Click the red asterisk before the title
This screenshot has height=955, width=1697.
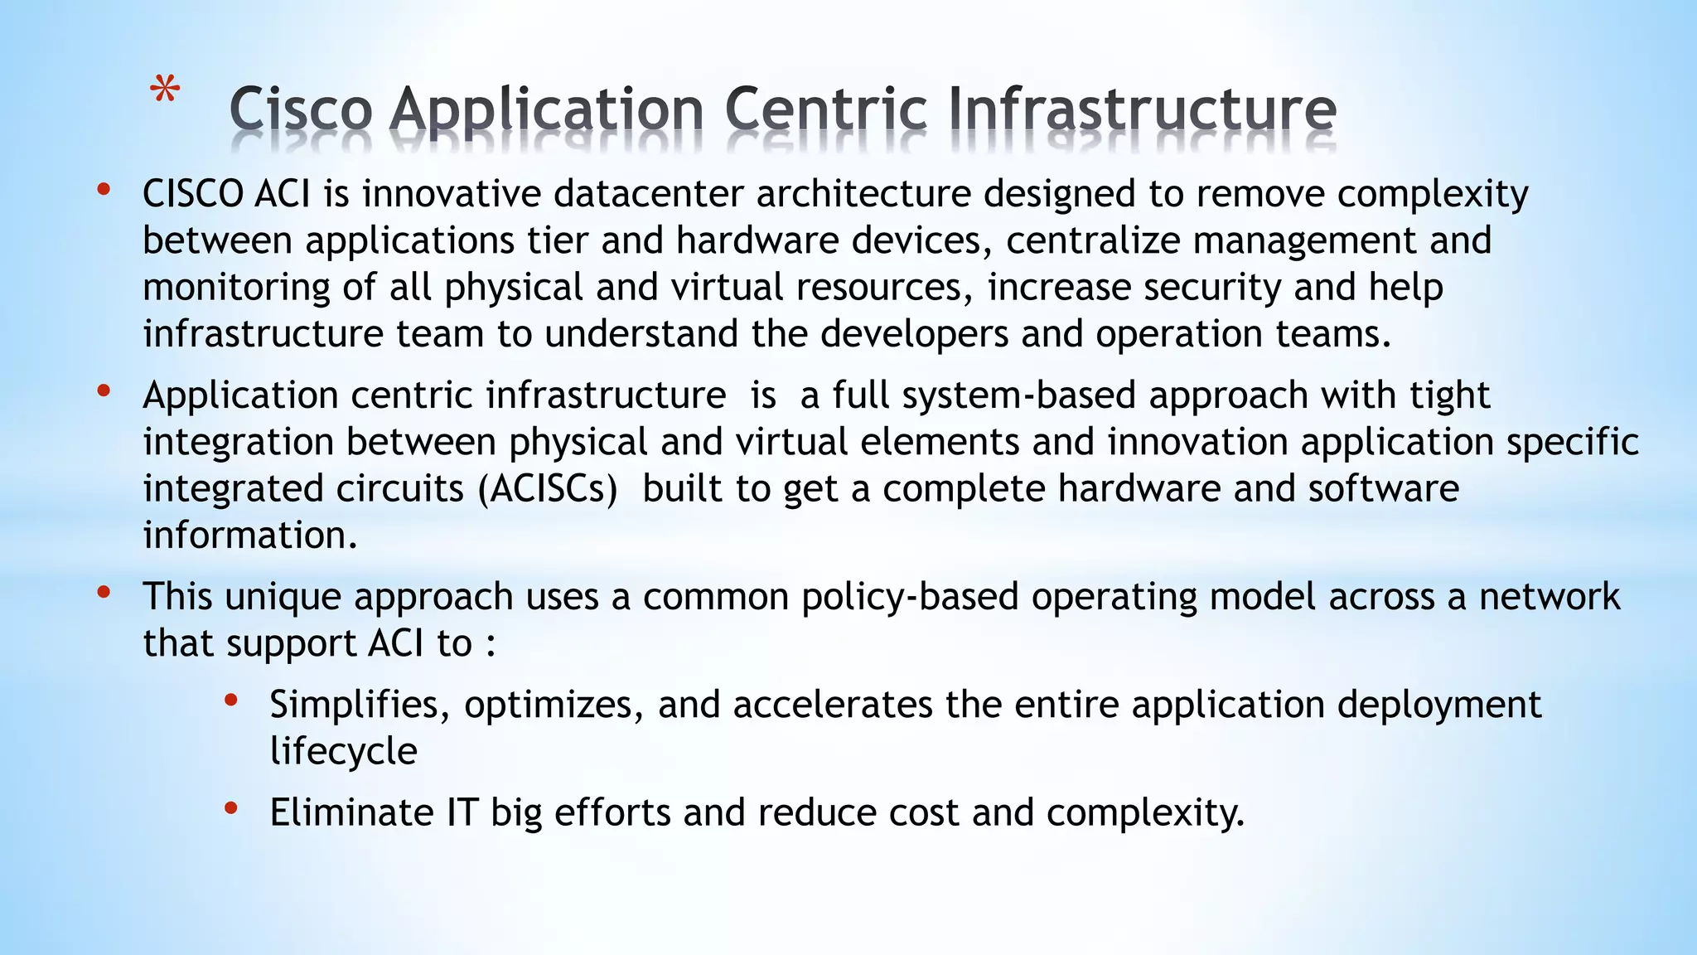(166, 90)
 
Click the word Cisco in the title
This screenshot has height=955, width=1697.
(300, 111)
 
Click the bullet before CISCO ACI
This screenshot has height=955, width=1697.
(104, 191)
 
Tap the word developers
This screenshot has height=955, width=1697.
(914, 334)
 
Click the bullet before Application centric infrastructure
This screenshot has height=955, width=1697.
(104, 391)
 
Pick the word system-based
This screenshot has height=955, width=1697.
(1018, 395)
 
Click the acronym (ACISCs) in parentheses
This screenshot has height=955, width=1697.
(548, 489)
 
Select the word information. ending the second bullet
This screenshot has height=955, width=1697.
(249, 536)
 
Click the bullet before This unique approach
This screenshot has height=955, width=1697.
(104, 593)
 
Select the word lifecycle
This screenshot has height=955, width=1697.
(343, 752)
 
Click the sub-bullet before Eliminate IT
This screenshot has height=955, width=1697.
(231, 808)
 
